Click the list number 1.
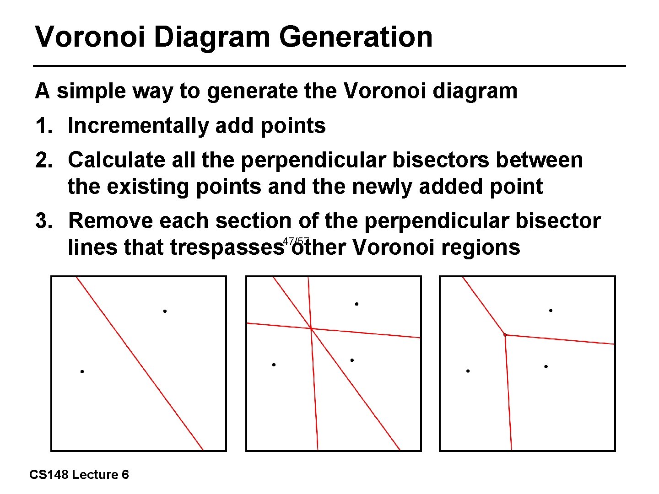click(x=44, y=126)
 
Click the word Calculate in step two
click(x=116, y=160)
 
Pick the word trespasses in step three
click(x=227, y=247)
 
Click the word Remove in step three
click(x=110, y=221)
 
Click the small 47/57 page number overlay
click(x=296, y=241)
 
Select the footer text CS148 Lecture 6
click(x=79, y=475)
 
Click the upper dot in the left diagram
click(x=165, y=311)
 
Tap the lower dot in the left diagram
click(x=82, y=371)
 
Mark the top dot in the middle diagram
click(x=357, y=304)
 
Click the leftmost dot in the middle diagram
click(x=273, y=365)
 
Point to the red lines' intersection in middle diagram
click(x=311, y=328)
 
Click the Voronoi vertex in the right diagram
click(x=505, y=335)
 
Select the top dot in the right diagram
click(x=551, y=311)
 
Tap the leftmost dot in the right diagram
click(x=468, y=371)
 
